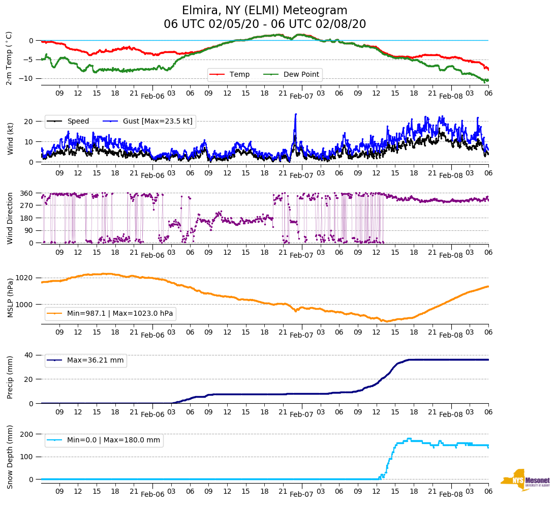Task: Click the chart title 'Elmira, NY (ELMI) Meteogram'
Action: (x=265, y=11)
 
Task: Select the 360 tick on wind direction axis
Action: (x=27, y=193)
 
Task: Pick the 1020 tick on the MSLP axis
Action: (x=26, y=278)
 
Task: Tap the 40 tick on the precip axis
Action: (x=29, y=355)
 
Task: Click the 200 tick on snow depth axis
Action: (x=27, y=434)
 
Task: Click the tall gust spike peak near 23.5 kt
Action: (x=295, y=114)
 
